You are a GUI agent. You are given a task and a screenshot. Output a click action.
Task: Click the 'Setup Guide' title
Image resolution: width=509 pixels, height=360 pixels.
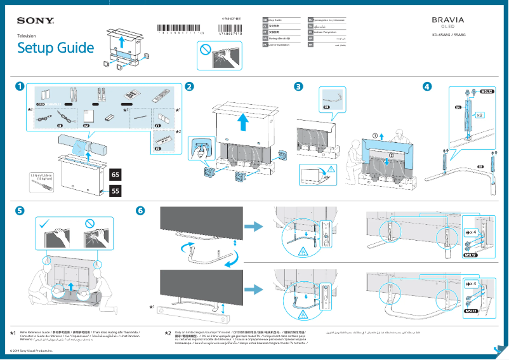click(x=55, y=48)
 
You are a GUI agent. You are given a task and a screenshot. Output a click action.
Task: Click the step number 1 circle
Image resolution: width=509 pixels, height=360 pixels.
click(x=20, y=86)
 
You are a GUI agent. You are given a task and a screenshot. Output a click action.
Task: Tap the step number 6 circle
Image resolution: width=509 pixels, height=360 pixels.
click(x=141, y=210)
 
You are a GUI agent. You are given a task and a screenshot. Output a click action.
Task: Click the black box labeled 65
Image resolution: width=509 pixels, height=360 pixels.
click(x=116, y=174)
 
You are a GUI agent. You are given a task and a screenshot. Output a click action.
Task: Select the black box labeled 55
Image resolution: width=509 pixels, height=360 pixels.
click(x=116, y=190)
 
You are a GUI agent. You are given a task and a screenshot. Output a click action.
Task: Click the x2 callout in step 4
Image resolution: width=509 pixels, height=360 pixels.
click(x=480, y=116)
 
